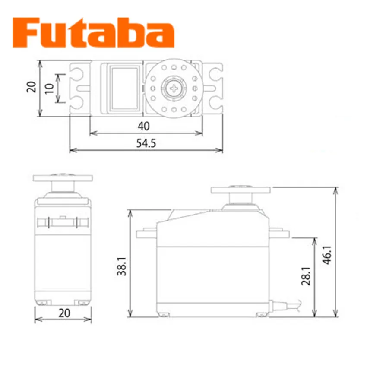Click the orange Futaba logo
coord(93,33)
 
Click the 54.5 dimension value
coord(146,143)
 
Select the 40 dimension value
coord(143,126)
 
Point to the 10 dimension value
coord(49,89)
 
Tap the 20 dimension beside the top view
coord(32,87)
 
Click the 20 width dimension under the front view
coord(64,313)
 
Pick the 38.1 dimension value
coord(122,266)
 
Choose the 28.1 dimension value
coord(306,276)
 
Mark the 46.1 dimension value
coord(327,255)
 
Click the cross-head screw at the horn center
coord(174,89)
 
